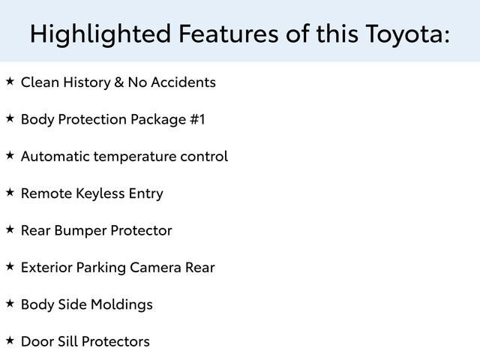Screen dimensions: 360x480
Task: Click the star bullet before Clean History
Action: click(9, 81)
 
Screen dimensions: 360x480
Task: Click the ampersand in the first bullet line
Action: click(118, 82)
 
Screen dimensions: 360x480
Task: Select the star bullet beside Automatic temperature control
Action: click(9, 155)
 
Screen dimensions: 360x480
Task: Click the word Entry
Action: click(145, 193)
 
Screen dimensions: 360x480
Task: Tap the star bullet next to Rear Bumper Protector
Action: click(9, 229)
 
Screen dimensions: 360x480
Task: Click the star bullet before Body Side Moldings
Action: click(9, 303)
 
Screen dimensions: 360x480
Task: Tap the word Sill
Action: click(66, 341)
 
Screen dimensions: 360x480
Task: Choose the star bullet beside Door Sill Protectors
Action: click(9, 340)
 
